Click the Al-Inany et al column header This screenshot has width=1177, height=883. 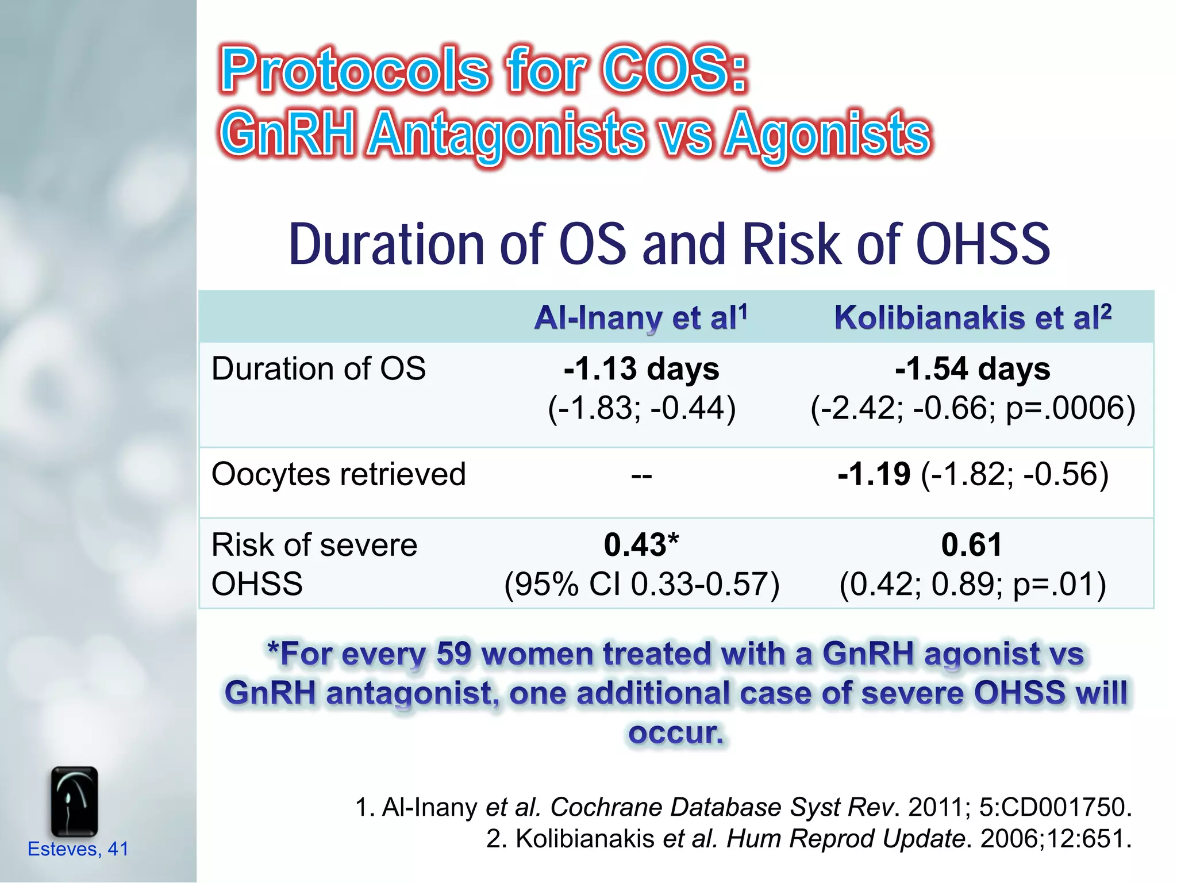[641, 318]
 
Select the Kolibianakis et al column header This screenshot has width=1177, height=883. [972, 318]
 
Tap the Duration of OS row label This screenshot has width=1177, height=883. [318, 368]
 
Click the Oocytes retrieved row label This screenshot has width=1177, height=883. [339, 474]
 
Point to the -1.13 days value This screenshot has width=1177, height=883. [641, 368]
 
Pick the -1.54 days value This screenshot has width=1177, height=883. [972, 368]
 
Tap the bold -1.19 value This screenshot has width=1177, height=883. [874, 474]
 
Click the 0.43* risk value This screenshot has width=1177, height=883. [641, 544]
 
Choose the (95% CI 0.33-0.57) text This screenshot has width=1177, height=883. [641, 584]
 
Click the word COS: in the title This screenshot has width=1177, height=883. [675, 70]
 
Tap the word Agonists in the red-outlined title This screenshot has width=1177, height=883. [827, 135]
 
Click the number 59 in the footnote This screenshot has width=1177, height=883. [454, 654]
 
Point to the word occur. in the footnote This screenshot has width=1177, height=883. [675, 732]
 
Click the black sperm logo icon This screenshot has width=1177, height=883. [74, 801]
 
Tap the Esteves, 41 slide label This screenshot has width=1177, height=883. [78, 849]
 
